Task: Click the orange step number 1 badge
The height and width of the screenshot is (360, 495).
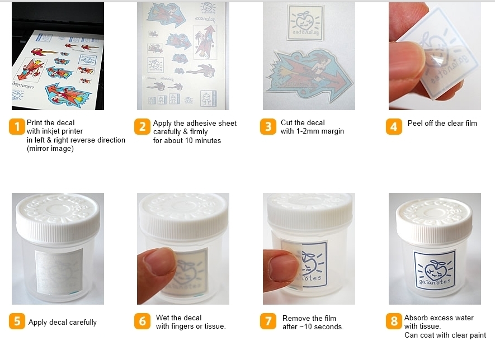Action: pos(17,126)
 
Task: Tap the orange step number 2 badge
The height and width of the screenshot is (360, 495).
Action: pos(142,126)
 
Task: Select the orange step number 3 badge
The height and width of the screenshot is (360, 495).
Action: pos(268,126)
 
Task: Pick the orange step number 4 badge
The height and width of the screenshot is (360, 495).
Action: pos(394,126)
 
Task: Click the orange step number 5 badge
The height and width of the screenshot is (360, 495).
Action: pos(17,321)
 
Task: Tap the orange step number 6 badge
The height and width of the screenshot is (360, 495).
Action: pos(142,321)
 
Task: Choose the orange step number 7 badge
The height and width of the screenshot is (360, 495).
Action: pos(268,321)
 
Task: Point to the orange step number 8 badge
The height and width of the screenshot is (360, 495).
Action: pos(394,321)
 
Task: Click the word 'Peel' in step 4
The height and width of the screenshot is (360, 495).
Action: pos(415,123)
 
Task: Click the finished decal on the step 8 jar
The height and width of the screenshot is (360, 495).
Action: pos(435,269)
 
